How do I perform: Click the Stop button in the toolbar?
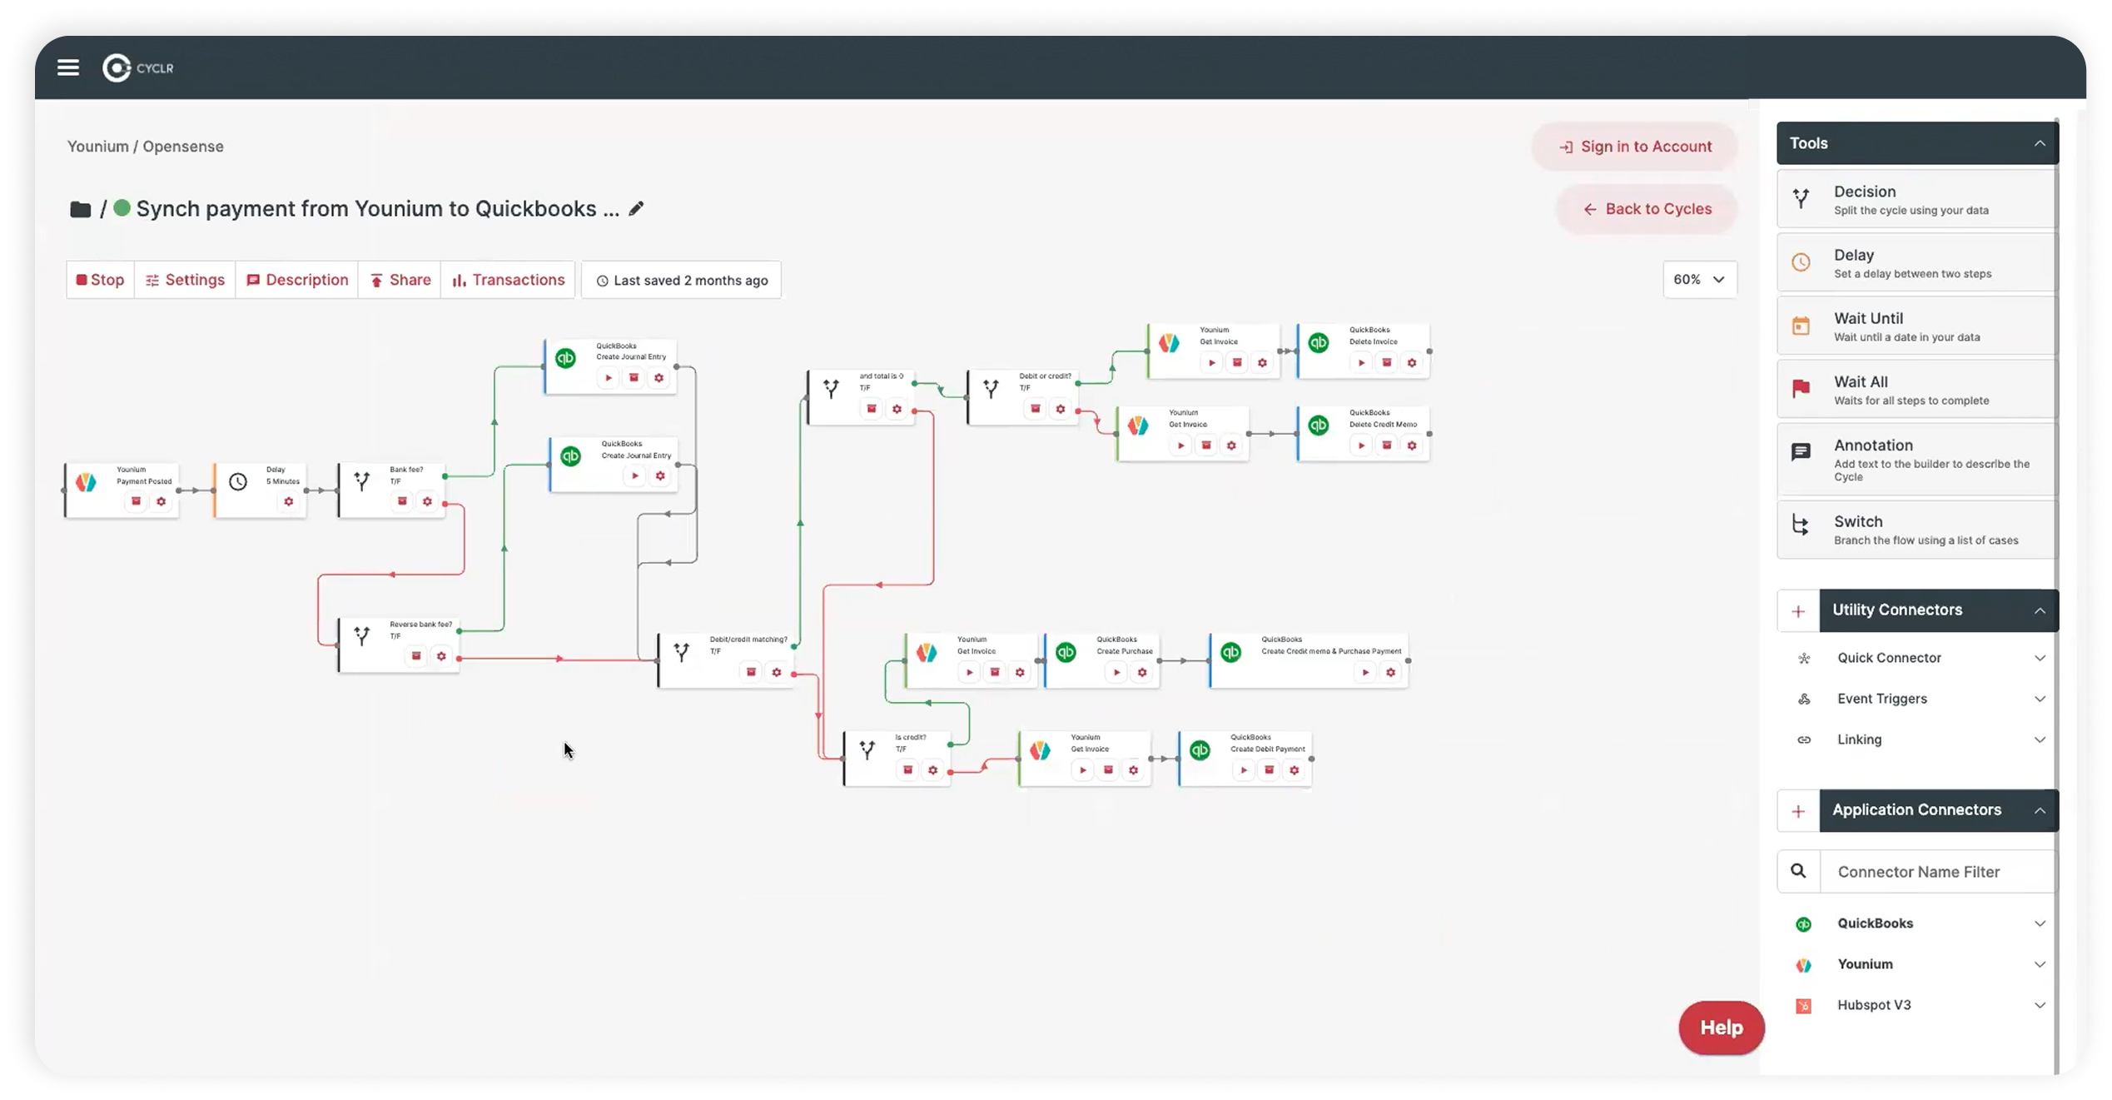click(x=101, y=280)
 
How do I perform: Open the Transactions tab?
click(x=508, y=280)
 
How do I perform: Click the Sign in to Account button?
click(x=1634, y=147)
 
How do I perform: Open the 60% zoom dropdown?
click(x=1699, y=280)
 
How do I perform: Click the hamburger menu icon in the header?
click(x=68, y=67)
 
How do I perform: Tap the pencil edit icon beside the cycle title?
click(x=636, y=209)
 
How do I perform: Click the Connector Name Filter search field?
click(x=1936, y=872)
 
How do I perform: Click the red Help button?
click(x=1721, y=1028)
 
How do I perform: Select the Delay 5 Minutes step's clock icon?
click(x=238, y=482)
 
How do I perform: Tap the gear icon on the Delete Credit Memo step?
click(x=1412, y=445)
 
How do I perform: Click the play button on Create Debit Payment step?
click(x=1244, y=770)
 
